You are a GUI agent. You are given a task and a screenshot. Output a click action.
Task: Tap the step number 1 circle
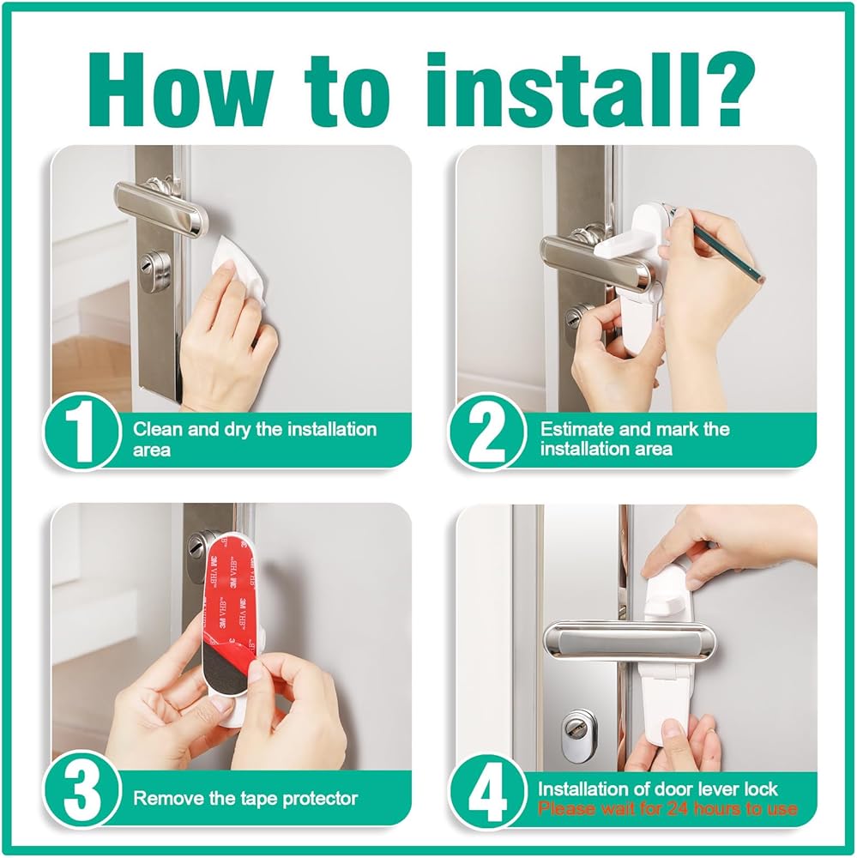[x=81, y=432]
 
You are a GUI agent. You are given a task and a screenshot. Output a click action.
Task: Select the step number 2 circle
[x=487, y=432]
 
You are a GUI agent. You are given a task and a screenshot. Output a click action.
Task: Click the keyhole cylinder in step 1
[x=157, y=268]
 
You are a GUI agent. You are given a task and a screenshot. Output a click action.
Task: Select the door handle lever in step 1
[x=162, y=204]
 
